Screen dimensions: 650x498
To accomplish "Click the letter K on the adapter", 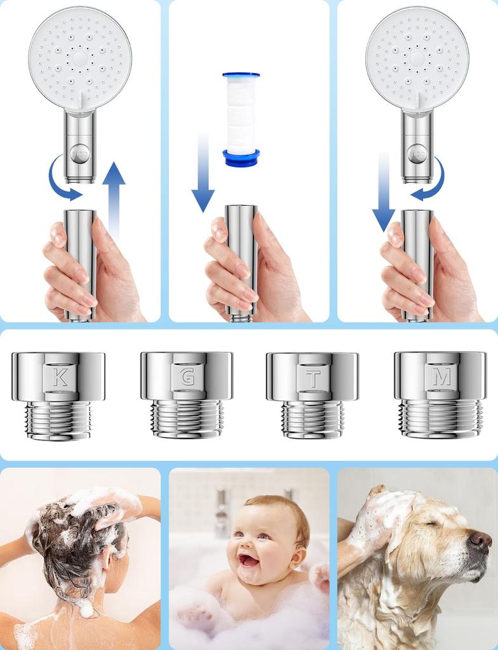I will pyautogui.click(x=60, y=378).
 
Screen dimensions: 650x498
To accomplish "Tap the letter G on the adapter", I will pyautogui.click(x=187, y=377).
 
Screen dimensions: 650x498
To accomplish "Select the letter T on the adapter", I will pyautogui.click(x=313, y=379).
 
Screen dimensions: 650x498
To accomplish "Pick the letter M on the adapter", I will pyautogui.click(x=441, y=377).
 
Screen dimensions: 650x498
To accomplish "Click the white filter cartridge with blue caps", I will pyautogui.click(x=241, y=118).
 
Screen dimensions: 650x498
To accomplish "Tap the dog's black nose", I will pyautogui.click(x=480, y=541).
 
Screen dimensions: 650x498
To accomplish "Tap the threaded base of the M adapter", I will pyautogui.click(x=440, y=418).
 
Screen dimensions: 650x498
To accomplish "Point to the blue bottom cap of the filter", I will pyautogui.click(x=241, y=158).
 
